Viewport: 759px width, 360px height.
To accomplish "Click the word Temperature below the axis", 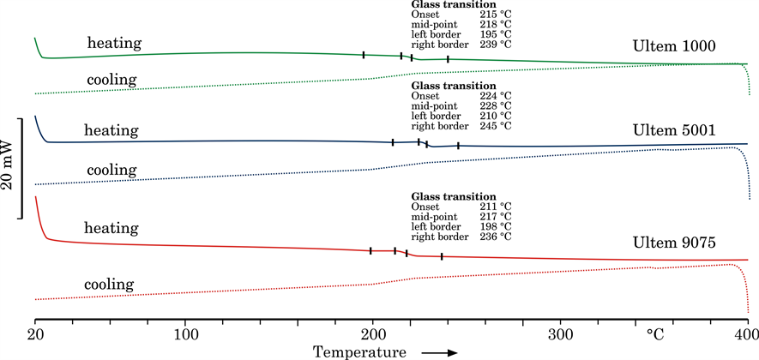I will (359, 351).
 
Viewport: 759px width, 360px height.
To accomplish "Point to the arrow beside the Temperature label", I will (441, 351).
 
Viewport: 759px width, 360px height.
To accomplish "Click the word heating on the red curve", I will (111, 228).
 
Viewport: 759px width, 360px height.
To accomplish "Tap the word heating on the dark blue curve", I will (111, 130).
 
